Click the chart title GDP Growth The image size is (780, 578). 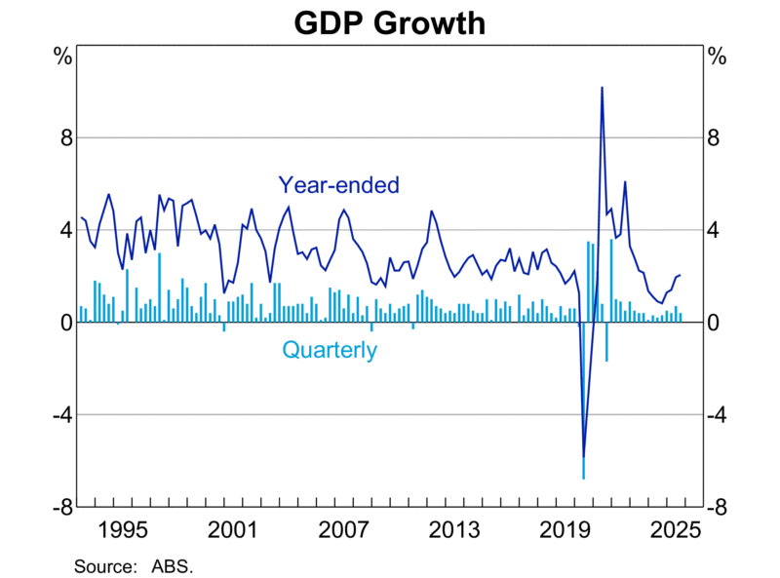[390, 21]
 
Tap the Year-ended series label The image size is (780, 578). [338, 184]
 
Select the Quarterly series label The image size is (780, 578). [329, 350]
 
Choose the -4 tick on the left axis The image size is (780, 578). [58, 415]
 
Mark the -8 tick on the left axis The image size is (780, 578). [58, 507]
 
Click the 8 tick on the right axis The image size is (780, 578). [717, 137]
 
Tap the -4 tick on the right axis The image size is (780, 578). [721, 415]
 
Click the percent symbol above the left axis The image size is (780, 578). [61, 56]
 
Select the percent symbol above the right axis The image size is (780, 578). [718, 56]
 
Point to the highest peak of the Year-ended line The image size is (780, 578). [602, 88]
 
